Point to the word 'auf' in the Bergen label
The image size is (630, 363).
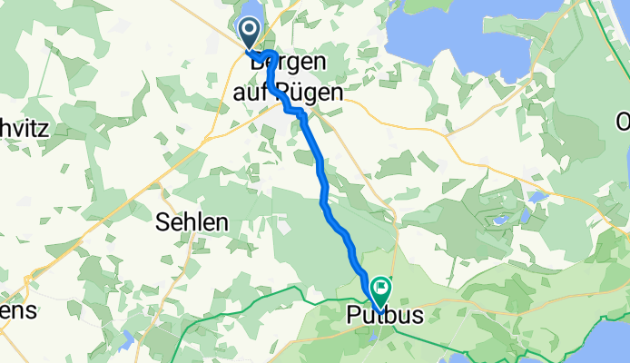tap(268, 93)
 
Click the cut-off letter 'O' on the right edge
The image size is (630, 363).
tap(623, 122)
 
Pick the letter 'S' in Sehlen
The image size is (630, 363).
tap(162, 221)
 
